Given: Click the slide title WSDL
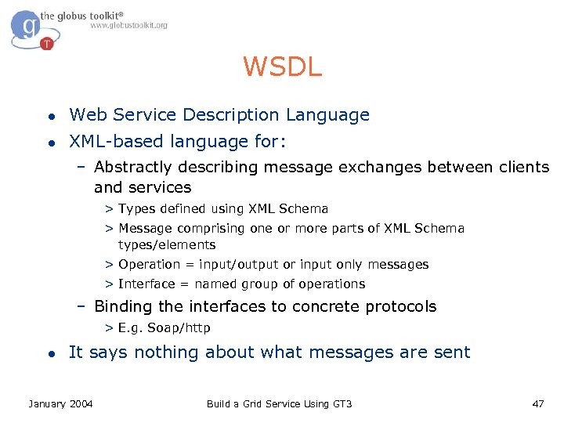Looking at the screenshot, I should pyautogui.click(x=282, y=67).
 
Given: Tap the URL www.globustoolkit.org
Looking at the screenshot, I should pyautogui.click(x=128, y=26).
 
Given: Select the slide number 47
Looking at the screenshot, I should pyautogui.click(x=537, y=403).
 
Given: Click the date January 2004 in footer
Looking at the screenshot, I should pyautogui.click(x=60, y=403).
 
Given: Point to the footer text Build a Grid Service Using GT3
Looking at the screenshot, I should pyautogui.click(x=279, y=403).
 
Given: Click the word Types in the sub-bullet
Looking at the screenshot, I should pyautogui.click(x=137, y=209).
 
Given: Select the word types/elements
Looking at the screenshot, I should pyautogui.click(x=167, y=245).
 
